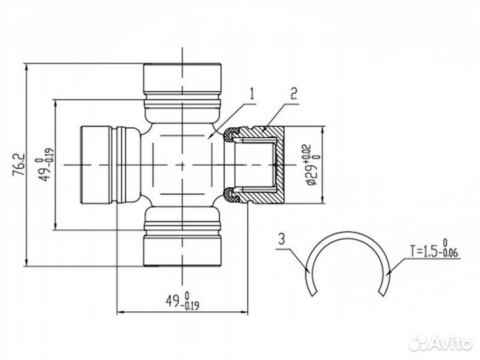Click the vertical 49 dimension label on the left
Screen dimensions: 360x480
(45, 164)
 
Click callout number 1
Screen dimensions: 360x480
(252, 94)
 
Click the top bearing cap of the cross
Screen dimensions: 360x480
(182, 79)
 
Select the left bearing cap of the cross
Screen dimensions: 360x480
(100, 164)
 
